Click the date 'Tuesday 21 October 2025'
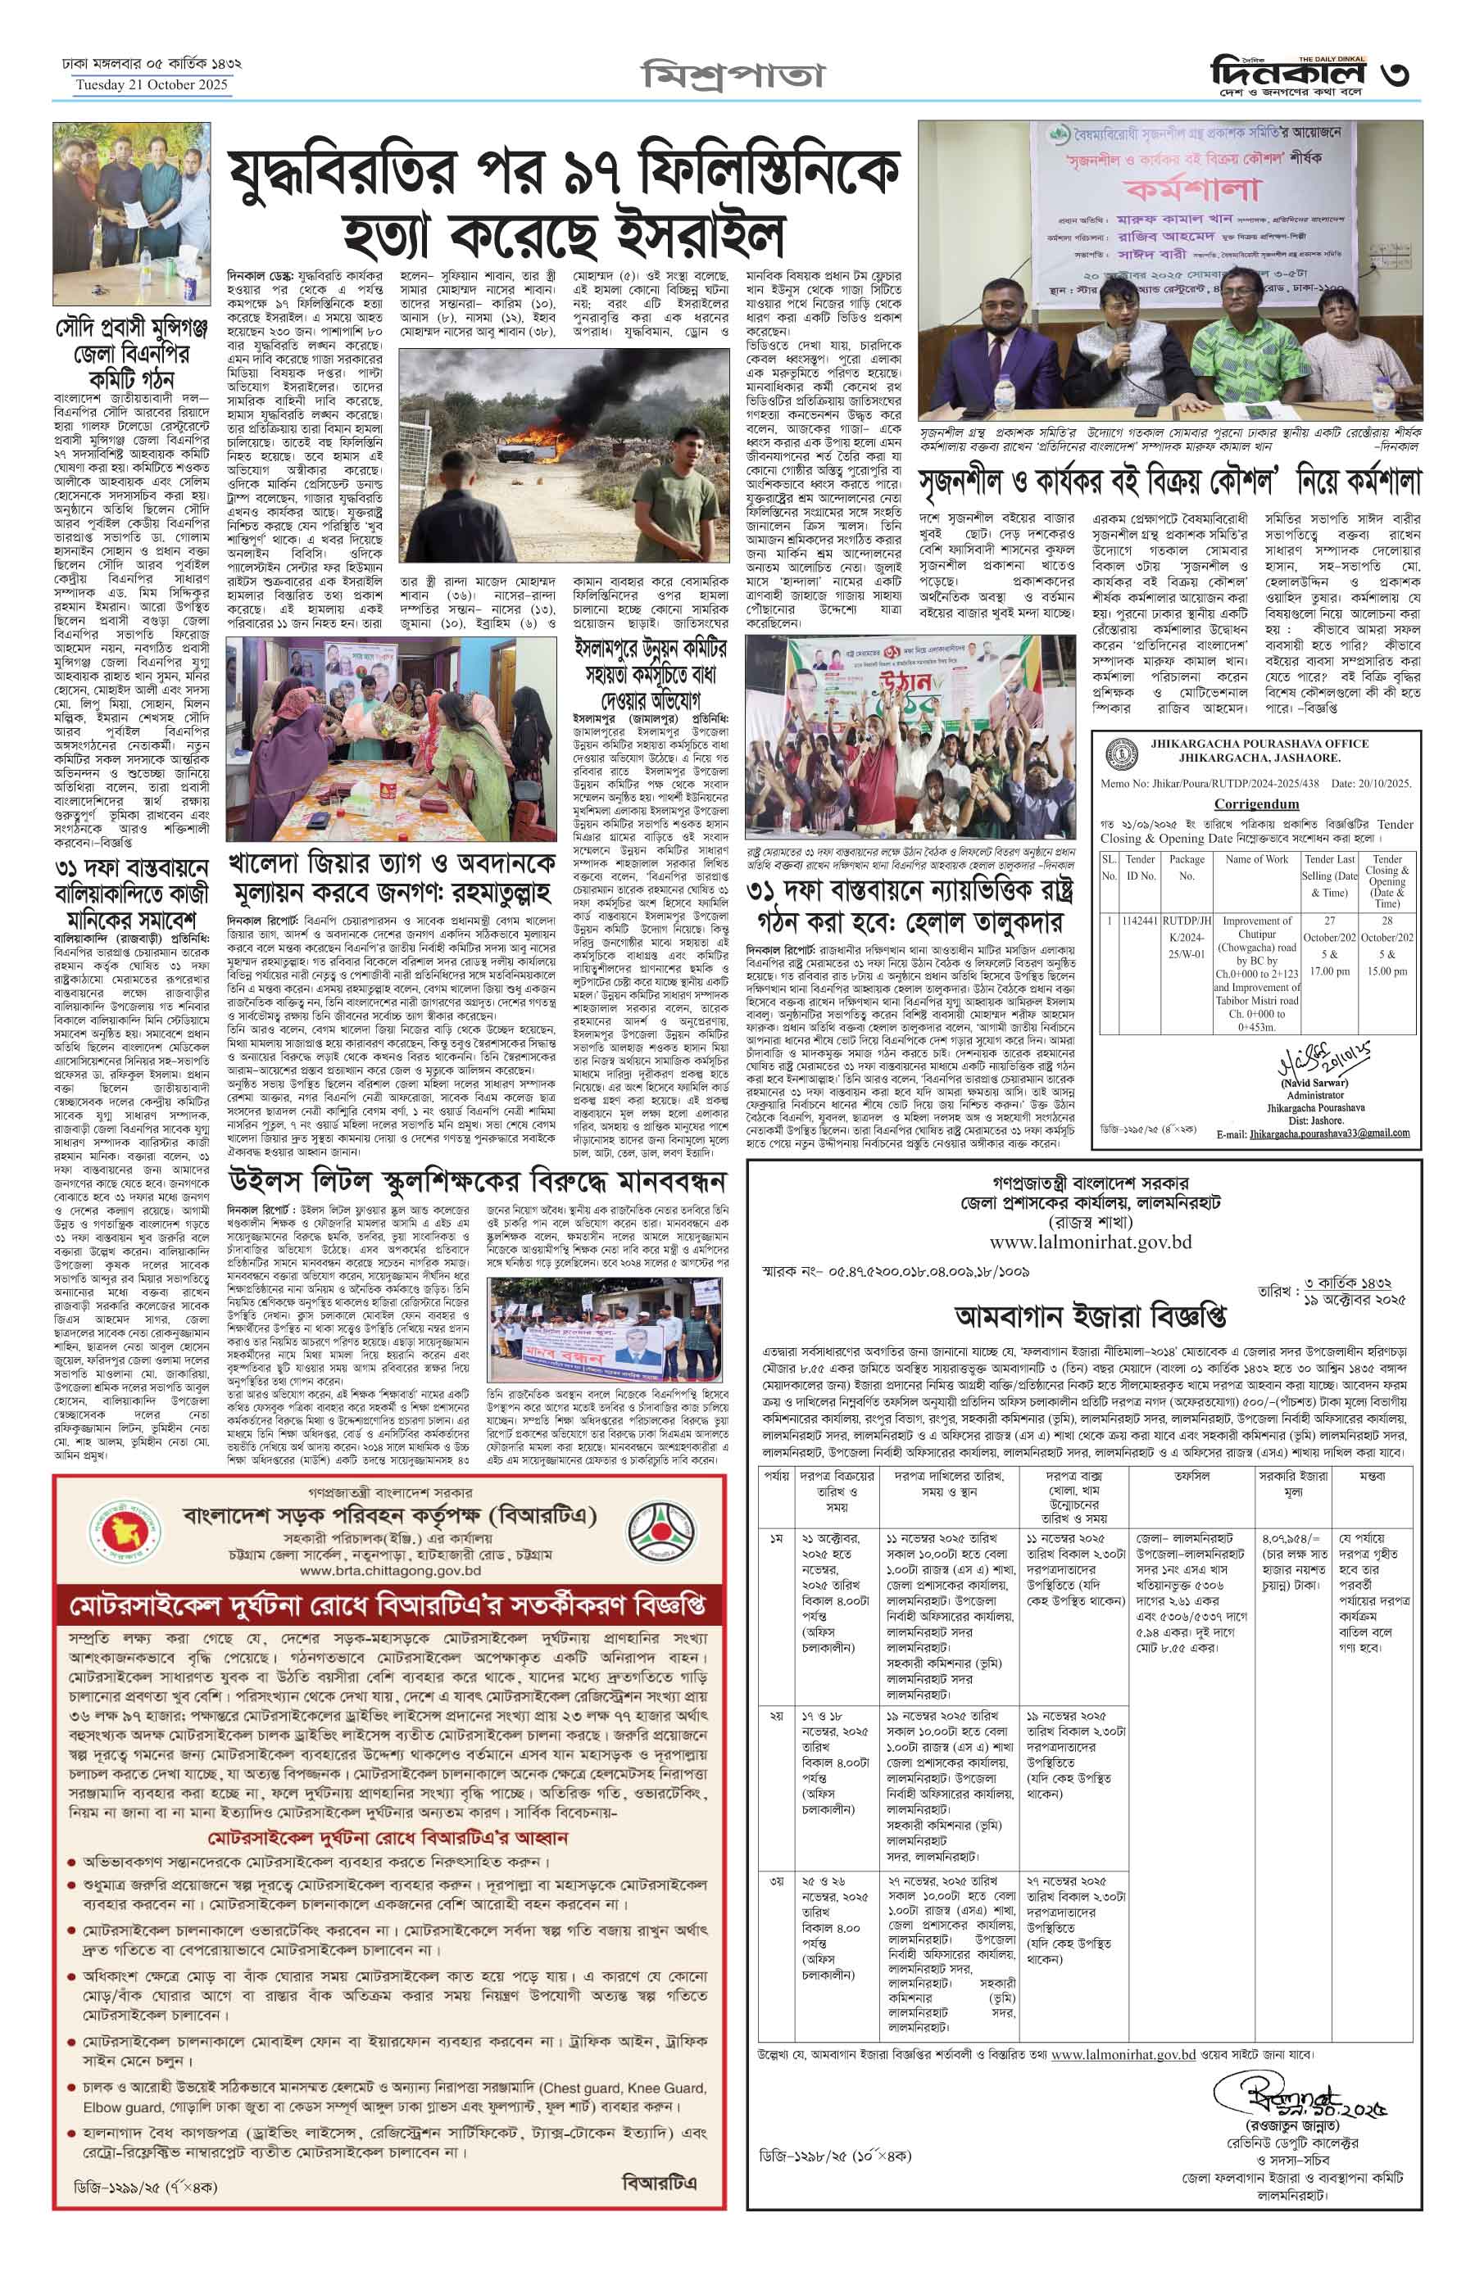click(x=153, y=86)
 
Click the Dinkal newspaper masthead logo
click(x=1282, y=73)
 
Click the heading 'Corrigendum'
click(x=1257, y=803)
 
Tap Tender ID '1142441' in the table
click(x=1144, y=920)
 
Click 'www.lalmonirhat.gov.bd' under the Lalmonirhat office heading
click(x=1077, y=1242)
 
